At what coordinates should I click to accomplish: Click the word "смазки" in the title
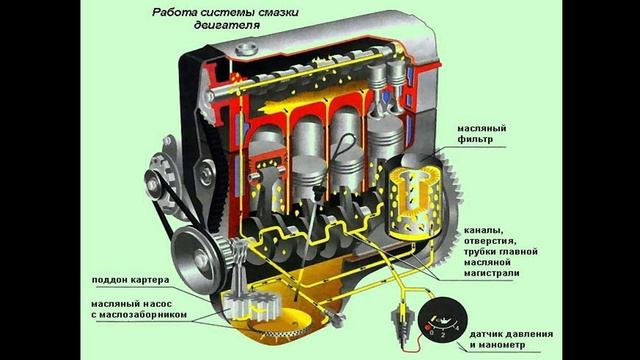pyautogui.click(x=277, y=12)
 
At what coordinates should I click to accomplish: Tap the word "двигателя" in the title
pyautogui.click(x=227, y=25)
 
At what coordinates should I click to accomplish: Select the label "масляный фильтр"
pyautogui.click(x=481, y=134)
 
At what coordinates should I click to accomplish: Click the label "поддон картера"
pyautogui.click(x=130, y=280)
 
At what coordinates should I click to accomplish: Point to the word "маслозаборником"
pyautogui.click(x=144, y=315)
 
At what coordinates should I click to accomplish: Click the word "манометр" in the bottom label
pyautogui.click(x=504, y=345)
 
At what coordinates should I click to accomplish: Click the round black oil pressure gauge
pyautogui.click(x=442, y=321)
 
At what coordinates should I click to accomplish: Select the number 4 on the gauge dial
pyautogui.click(x=457, y=328)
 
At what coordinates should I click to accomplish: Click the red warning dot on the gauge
pyautogui.click(x=428, y=328)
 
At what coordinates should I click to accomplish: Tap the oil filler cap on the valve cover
pyautogui.click(x=247, y=49)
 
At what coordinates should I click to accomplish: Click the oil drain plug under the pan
pyautogui.click(x=337, y=320)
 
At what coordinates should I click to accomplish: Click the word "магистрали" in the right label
pyautogui.click(x=491, y=273)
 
